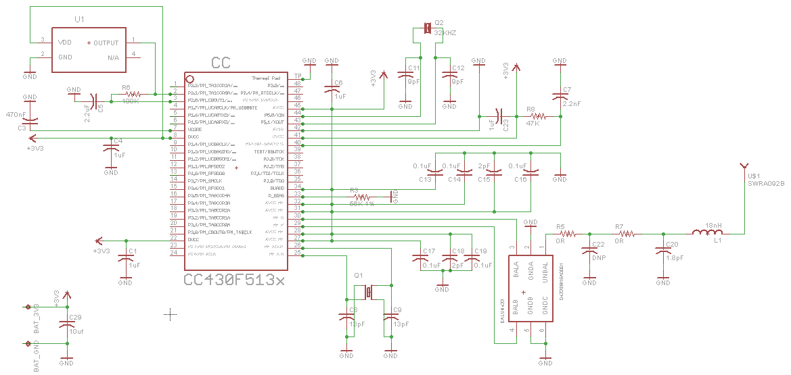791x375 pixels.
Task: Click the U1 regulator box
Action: (x=89, y=49)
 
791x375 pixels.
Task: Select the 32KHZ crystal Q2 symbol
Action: (x=427, y=28)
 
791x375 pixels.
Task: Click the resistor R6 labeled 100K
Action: (x=133, y=95)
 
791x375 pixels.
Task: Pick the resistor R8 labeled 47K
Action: (x=533, y=117)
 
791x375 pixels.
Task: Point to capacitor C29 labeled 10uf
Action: (x=66, y=325)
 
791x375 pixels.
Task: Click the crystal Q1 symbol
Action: (x=369, y=292)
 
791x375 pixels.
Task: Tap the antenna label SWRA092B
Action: (x=765, y=182)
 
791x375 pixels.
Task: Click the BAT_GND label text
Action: (x=37, y=355)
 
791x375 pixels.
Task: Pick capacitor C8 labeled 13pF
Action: (x=346, y=318)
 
